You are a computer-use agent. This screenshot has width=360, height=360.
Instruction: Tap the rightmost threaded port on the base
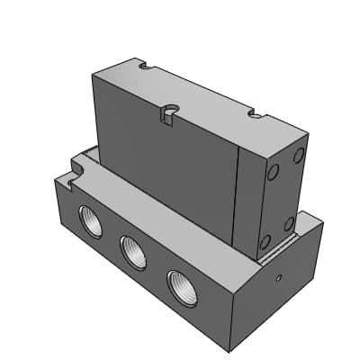pos(180,286)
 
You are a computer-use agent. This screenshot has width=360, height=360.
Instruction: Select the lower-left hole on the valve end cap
pos(265,240)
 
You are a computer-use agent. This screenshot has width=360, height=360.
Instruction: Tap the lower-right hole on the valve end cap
pos(290,222)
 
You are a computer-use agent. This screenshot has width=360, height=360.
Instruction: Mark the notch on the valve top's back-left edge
pos(141,66)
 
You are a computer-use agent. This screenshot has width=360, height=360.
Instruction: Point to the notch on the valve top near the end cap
pos(255,115)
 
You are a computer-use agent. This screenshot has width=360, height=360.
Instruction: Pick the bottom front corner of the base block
pos(237,349)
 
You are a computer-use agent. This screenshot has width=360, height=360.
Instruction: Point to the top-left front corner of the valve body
pos(94,76)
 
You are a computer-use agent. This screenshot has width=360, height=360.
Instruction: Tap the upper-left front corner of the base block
pos(55,180)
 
